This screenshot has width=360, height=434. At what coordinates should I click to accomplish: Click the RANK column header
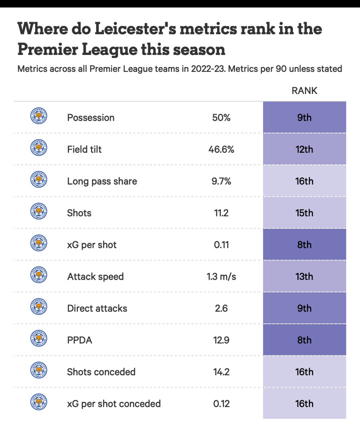point(304,90)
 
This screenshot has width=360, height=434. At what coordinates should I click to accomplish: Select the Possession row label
point(90,117)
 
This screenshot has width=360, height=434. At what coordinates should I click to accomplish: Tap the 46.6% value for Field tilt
point(221,149)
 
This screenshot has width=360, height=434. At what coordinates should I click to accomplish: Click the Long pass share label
point(102,181)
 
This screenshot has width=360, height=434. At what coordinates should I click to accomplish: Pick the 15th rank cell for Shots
point(304,213)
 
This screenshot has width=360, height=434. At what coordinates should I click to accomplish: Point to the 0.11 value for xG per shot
point(221,245)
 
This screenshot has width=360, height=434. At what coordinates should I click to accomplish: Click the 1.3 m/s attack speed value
point(221,276)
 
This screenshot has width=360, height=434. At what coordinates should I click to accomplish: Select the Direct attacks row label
point(97,308)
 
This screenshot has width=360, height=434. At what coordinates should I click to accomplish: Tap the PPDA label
point(80,340)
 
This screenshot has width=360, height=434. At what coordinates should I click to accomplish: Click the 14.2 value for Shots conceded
point(221,372)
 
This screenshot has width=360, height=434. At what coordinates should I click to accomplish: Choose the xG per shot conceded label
point(114,404)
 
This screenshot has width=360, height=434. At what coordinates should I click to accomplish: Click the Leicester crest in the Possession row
point(38,117)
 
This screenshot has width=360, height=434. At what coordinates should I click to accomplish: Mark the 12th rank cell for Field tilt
point(304,149)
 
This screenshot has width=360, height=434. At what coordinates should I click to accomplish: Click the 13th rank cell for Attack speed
point(304,276)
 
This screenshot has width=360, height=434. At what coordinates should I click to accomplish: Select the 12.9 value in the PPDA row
point(221,340)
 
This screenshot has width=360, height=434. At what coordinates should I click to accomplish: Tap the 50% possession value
point(221,117)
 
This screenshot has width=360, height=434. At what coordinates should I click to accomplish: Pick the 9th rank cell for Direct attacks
point(304,308)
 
